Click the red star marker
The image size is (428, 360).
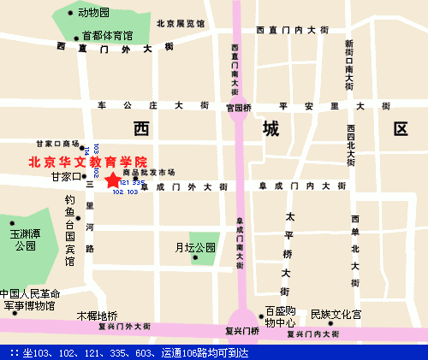coord(112,180)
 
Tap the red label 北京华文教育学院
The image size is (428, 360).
coord(88,161)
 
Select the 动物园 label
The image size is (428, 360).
coord(93,13)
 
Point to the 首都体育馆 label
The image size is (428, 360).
coord(107,35)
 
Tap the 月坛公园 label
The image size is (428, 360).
coord(195,248)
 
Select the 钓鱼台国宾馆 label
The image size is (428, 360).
coord(70,230)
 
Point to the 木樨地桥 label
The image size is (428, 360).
coord(97,315)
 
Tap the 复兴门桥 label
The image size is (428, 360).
coord(241,331)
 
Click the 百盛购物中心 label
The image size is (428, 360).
coord(280,316)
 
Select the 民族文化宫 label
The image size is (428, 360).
coord(336,314)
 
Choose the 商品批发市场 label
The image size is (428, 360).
coord(143,172)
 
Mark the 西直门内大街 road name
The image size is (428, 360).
coord(292,30)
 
